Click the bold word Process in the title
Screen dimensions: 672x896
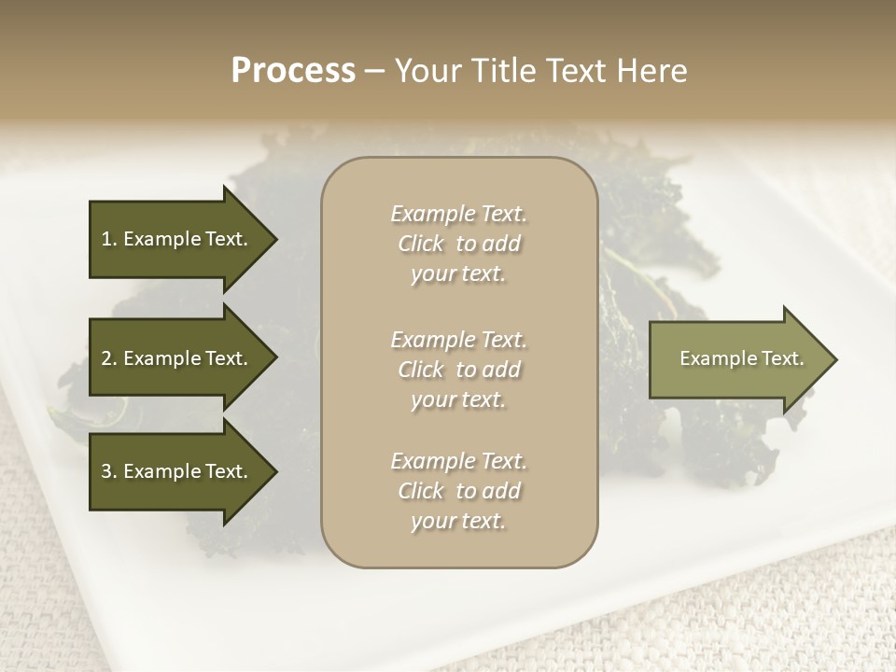click(x=293, y=70)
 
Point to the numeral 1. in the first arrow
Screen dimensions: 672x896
click(x=108, y=239)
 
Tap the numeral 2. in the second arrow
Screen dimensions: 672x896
click(x=108, y=358)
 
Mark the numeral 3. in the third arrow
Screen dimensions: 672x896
click(x=108, y=471)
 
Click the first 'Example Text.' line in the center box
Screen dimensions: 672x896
click(x=459, y=214)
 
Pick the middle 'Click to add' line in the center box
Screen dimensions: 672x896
click(x=459, y=370)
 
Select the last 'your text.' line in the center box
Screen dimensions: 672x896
click(x=459, y=522)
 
